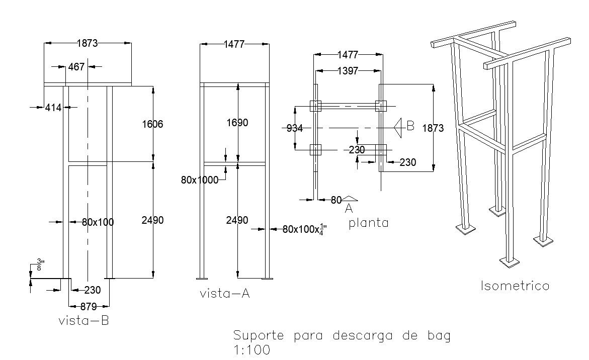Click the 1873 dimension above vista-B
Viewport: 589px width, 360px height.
click(x=87, y=43)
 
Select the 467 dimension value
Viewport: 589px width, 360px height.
click(x=76, y=66)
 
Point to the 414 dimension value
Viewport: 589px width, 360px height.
click(x=53, y=107)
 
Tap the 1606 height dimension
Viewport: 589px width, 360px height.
click(x=152, y=124)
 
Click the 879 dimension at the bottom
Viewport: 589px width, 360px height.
click(x=89, y=307)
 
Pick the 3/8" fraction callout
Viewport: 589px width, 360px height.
click(x=40, y=265)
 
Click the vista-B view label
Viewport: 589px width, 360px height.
click(x=83, y=321)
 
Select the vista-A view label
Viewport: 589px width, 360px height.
click(x=225, y=294)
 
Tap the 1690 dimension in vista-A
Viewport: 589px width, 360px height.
click(x=237, y=123)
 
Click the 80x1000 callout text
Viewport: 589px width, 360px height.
click(x=200, y=180)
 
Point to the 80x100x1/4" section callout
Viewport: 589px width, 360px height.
click(x=301, y=229)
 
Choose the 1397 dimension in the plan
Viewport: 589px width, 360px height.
click(x=348, y=71)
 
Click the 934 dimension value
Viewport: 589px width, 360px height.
click(x=295, y=128)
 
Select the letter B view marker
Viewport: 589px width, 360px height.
click(x=410, y=126)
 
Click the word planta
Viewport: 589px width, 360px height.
click(x=369, y=223)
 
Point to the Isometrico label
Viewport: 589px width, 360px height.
click(x=515, y=286)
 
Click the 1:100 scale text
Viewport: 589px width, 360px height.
click(x=251, y=350)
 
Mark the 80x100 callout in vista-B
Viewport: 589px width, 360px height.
click(x=98, y=222)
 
